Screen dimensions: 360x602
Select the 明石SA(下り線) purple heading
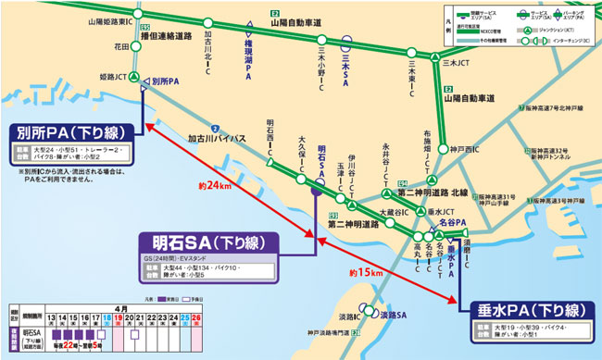click(x=207, y=242)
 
